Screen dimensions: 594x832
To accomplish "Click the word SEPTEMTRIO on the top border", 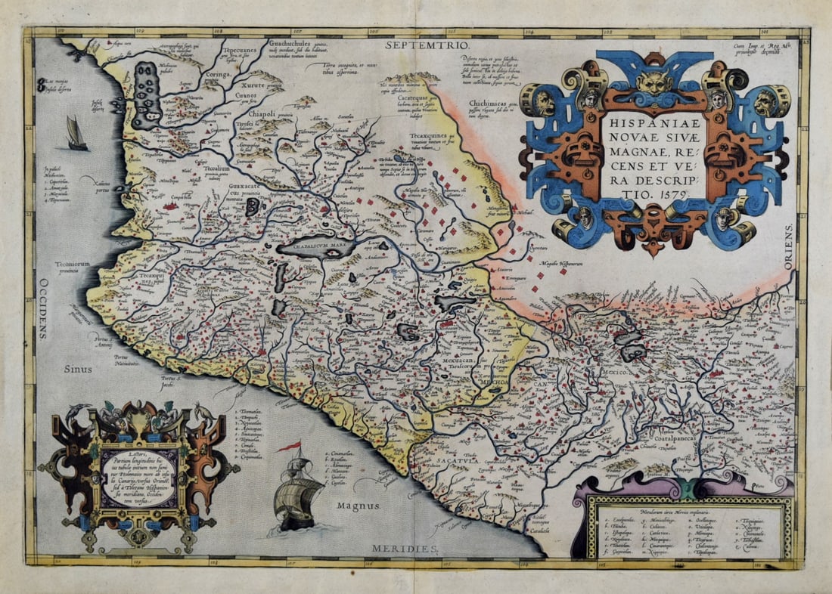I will (x=421, y=45).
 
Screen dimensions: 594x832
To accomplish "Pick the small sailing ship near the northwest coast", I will (x=76, y=134).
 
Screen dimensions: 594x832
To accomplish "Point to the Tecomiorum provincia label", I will (x=74, y=268).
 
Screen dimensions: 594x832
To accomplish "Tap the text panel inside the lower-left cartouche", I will (x=138, y=477).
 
